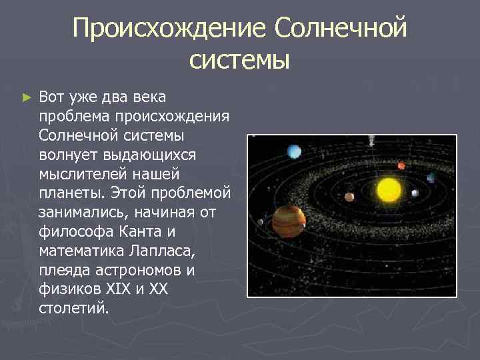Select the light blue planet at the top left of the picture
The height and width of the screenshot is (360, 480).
click(294, 153)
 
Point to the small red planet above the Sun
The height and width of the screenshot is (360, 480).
click(401, 165)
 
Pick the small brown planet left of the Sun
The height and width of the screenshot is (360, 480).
click(349, 197)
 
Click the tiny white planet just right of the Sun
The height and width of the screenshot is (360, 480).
click(415, 194)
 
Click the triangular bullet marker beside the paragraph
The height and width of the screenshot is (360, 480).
click(26, 97)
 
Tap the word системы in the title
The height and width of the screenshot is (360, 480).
click(239, 60)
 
